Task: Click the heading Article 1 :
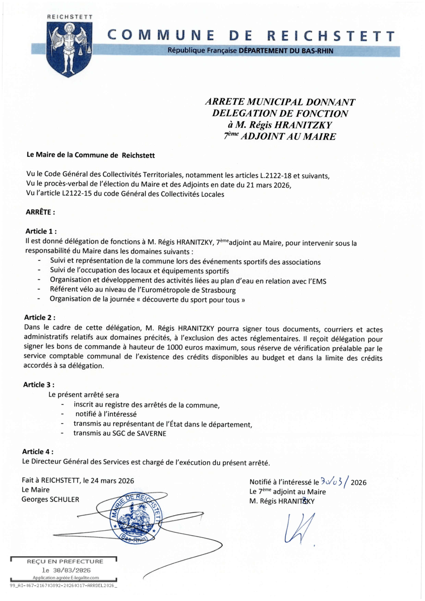pyautogui.click(x=41, y=231)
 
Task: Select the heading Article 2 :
pyautogui.click(x=40, y=317)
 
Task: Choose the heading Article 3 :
pyautogui.click(x=39, y=385)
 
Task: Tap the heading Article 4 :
pyautogui.click(x=38, y=452)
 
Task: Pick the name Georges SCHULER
pyautogui.click(x=50, y=499)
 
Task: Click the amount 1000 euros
pyautogui.click(x=186, y=347)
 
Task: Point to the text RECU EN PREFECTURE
pyautogui.click(x=65, y=561)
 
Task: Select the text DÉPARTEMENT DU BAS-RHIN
pyautogui.click(x=286, y=51)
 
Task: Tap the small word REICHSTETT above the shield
pyautogui.click(x=70, y=17)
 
